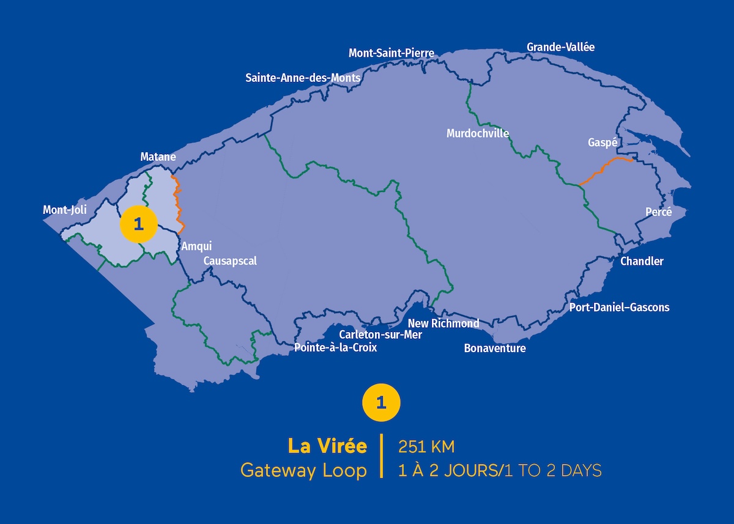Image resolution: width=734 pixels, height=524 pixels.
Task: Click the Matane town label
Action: [158, 157]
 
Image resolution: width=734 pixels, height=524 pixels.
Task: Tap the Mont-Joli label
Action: [65, 210]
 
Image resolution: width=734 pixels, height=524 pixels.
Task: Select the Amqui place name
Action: [196, 246]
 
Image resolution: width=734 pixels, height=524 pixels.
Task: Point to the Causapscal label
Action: [230, 261]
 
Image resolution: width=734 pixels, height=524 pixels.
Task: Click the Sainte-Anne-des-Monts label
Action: [303, 78]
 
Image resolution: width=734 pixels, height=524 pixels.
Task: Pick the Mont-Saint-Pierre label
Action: [391, 53]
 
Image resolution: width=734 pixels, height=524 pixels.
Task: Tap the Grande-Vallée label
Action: [560, 47]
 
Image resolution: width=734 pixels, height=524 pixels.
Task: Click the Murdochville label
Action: [478, 133]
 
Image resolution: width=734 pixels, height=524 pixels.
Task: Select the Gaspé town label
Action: [602, 142]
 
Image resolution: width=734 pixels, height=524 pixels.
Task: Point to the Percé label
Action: [658, 212]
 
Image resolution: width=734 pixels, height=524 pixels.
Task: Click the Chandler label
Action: [642, 261]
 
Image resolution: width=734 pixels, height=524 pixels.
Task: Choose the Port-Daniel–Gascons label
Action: [619, 308]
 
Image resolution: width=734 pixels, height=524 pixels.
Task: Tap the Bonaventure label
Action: [495, 349]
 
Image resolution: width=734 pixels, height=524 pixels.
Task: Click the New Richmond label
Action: [443, 323]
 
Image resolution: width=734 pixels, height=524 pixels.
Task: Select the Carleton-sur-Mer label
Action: [380, 334]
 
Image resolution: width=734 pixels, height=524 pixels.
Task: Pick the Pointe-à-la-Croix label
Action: [335, 348]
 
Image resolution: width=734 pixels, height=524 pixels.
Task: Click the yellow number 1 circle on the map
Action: [138, 224]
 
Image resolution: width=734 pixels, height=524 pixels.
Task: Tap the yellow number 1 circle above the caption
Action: [382, 402]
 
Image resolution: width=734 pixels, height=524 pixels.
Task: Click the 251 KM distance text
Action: [426, 447]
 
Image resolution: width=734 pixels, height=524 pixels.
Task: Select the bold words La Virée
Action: [328, 446]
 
